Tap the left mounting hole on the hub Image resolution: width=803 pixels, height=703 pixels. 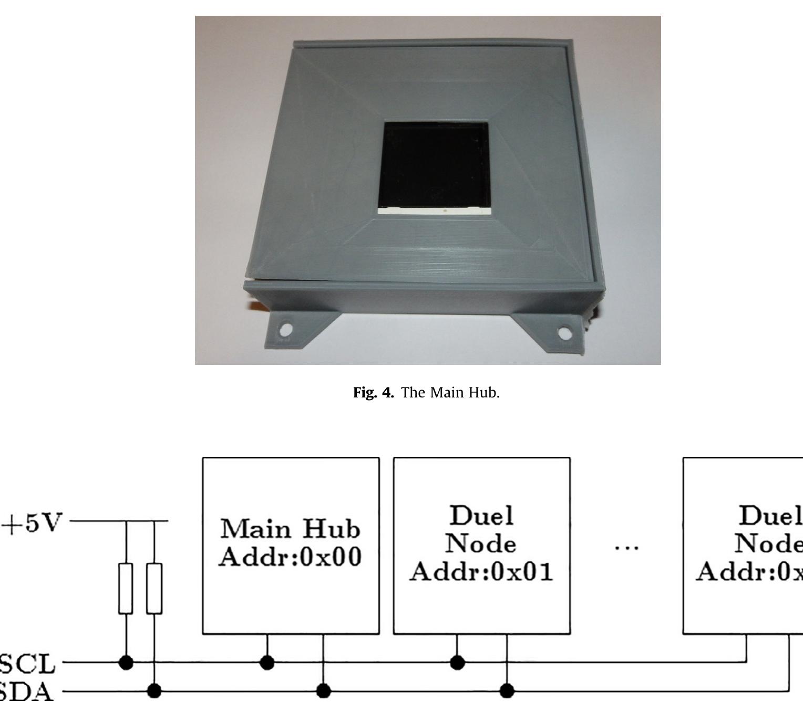[286, 330]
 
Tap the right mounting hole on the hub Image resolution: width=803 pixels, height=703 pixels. [564, 332]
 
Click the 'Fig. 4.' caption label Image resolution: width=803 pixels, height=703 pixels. [373, 393]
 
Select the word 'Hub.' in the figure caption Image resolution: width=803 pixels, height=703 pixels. [485, 393]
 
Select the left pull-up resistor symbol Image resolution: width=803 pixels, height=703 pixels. [126, 588]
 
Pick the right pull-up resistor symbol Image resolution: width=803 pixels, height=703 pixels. [154, 588]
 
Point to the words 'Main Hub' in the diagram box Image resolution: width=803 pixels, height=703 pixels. [291, 529]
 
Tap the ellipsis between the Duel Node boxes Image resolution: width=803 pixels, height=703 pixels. [627, 548]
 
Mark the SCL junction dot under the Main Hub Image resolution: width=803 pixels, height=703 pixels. [267, 663]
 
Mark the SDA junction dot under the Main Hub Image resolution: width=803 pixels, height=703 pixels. [323, 690]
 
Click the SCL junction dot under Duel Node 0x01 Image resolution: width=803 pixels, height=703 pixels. [458, 663]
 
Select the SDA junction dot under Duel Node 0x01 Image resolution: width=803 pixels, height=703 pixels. [507, 690]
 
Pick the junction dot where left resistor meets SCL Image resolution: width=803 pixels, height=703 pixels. [126, 663]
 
